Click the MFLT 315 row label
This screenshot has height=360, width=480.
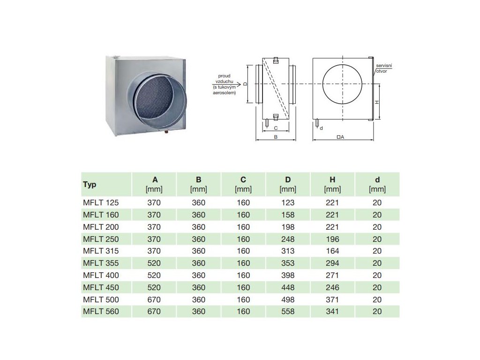(101, 251)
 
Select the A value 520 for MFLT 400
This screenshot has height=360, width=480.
(154, 275)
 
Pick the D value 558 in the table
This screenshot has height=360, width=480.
(288, 311)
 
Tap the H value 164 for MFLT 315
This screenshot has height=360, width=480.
(332, 251)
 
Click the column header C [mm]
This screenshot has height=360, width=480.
(243, 184)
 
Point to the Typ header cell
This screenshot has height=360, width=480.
(90, 184)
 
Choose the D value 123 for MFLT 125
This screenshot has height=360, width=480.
(288, 202)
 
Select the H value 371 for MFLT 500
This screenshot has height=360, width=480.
(332, 300)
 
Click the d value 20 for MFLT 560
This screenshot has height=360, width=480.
(377, 311)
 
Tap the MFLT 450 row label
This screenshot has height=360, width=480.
(101, 287)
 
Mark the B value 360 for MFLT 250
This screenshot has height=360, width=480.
(199, 239)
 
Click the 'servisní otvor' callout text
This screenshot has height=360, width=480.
(383, 69)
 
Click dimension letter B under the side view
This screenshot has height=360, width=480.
(276, 137)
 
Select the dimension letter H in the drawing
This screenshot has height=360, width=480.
(376, 102)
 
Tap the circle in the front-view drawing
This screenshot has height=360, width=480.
(342, 84)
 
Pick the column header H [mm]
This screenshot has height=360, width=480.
(332, 184)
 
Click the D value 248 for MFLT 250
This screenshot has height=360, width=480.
(288, 239)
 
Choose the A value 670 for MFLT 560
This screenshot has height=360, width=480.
(154, 311)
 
